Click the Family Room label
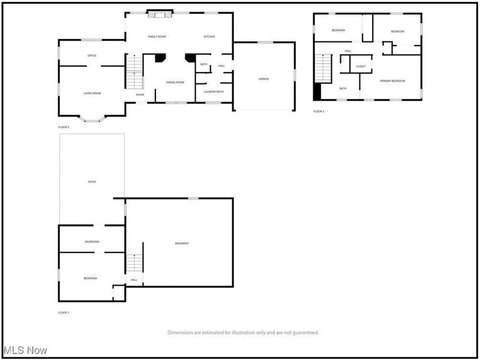tap(157, 37)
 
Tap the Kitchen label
tap(209, 37)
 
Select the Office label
tap(92, 56)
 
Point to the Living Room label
tap(92, 93)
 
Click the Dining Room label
tap(175, 82)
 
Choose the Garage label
tap(263, 79)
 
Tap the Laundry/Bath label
tap(213, 91)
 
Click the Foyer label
tap(139, 94)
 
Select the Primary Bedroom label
tap(392, 80)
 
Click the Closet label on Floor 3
tap(361, 66)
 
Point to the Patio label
tap(92, 181)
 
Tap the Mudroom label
tap(92, 241)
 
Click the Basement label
tap(182, 243)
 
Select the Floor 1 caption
tap(64, 313)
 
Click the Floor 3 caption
tap(319, 112)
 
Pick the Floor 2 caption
tap(64, 127)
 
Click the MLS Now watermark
tap(25, 349)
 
